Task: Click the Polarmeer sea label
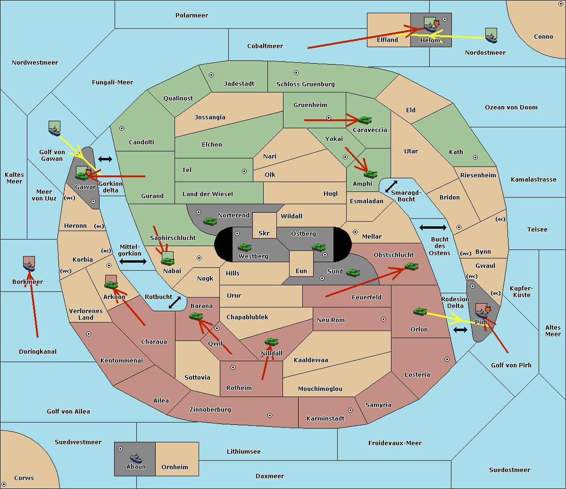(191, 16)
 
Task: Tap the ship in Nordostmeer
(491, 35)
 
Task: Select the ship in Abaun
(136, 458)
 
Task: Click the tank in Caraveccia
(365, 120)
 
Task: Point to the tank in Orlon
(420, 311)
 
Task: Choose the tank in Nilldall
(271, 341)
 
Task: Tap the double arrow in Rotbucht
(175, 302)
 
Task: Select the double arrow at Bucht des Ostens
(433, 228)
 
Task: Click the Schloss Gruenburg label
(305, 84)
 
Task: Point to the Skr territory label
(264, 233)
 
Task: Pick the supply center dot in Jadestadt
(211, 75)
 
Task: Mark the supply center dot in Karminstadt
(350, 410)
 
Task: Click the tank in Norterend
(210, 221)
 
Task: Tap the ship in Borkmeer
(29, 266)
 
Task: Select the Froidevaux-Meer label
(395, 443)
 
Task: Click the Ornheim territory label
(175, 467)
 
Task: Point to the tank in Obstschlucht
(411, 266)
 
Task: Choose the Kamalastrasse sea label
(533, 180)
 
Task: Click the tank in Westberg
(244, 247)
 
